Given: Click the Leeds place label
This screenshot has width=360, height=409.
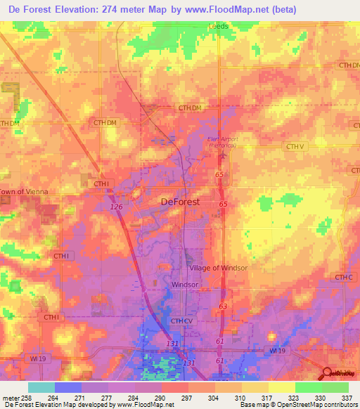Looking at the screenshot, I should coord(219,27).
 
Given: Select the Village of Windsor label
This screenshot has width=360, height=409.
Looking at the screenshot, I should coord(217,268).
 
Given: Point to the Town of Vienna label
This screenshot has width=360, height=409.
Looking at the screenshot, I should coord(21,192).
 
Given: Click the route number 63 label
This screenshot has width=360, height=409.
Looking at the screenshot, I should coord(223,306).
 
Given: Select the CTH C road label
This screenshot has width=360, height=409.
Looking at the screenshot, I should coord(343,278).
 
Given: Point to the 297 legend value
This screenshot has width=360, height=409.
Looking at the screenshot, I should coord(187,398).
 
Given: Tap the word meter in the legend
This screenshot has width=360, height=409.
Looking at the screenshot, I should coord(9,398).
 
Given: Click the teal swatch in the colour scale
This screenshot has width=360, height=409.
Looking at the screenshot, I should coord(41,387).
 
